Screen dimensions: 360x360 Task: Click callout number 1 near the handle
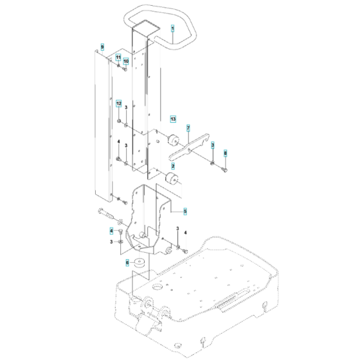[172, 29]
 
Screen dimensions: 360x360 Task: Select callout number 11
[118, 57]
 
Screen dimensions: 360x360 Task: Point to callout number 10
[126, 61]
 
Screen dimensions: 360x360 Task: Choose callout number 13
[172, 119]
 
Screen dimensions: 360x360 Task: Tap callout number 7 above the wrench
[188, 128]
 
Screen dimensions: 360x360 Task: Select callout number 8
[225, 152]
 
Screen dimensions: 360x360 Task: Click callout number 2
[172, 166]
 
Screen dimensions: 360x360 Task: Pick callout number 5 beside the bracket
[185, 210]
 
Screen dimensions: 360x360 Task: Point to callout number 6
[127, 262]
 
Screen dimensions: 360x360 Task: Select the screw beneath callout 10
[124, 69]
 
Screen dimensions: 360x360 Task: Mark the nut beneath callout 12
[120, 119]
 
